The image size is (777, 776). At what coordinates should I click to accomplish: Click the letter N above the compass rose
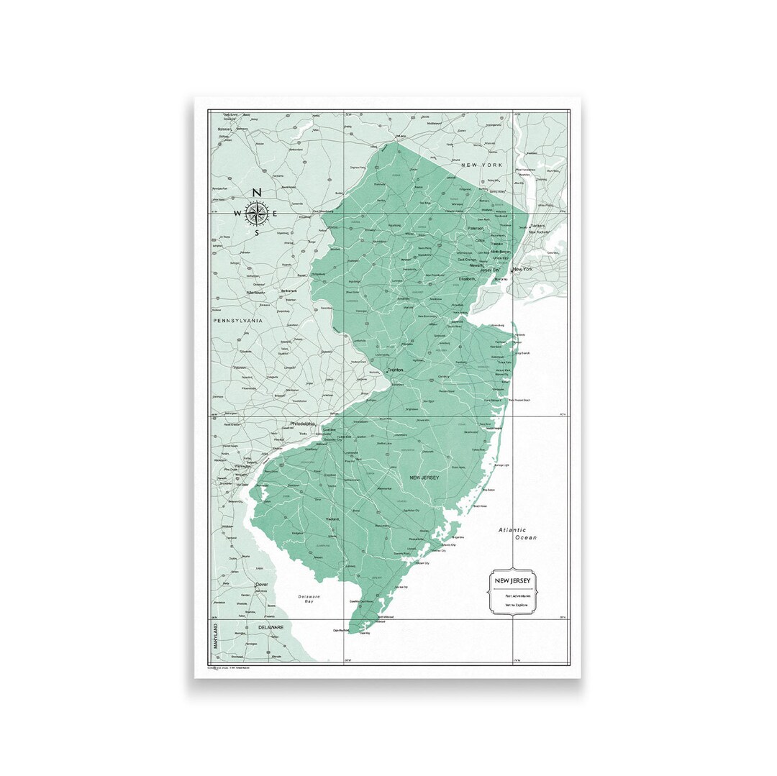257,193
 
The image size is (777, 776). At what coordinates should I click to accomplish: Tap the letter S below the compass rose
257,232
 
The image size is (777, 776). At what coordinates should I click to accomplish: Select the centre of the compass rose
257,213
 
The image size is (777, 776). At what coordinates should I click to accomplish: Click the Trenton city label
395,370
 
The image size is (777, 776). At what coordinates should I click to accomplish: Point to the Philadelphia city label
304,424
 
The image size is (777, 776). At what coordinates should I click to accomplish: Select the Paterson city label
476,228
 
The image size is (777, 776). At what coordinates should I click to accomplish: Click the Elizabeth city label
468,278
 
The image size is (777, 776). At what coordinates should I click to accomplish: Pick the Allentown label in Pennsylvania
255,293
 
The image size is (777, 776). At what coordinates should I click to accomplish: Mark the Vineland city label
332,518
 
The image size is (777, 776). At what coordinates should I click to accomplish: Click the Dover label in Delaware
261,585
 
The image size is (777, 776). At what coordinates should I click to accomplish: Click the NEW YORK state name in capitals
481,165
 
